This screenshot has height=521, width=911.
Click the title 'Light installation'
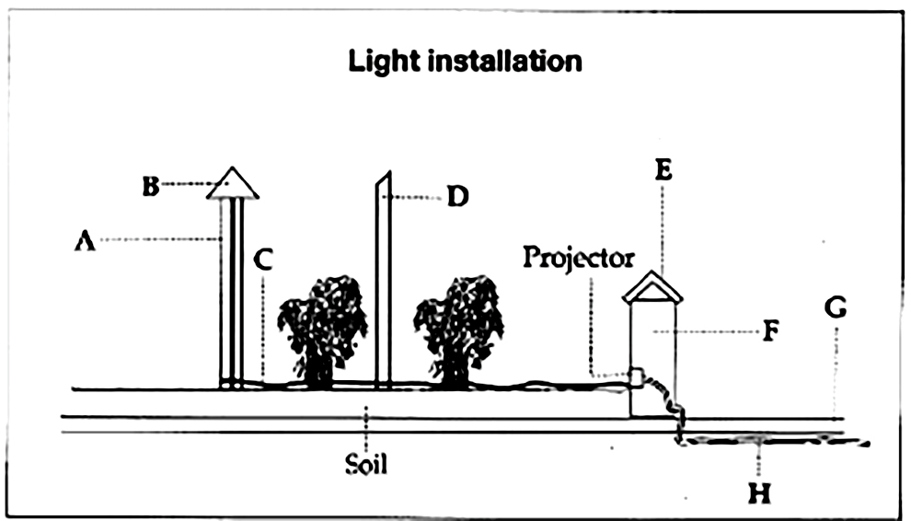(x=464, y=62)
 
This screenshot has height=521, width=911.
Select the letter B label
(x=151, y=186)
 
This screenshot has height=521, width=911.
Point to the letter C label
(x=263, y=260)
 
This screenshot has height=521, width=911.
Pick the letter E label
(x=664, y=169)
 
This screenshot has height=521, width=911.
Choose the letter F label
(x=771, y=330)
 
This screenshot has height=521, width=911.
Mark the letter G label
(x=836, y=308)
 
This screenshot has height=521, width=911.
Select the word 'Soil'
(x=366, y=463)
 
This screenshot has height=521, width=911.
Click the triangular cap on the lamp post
(x=233, y=184)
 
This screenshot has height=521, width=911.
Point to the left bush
(x=322, y=327)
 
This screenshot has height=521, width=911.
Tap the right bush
(x=457, y=327)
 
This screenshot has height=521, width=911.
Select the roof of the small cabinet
(x=652, y=288)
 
